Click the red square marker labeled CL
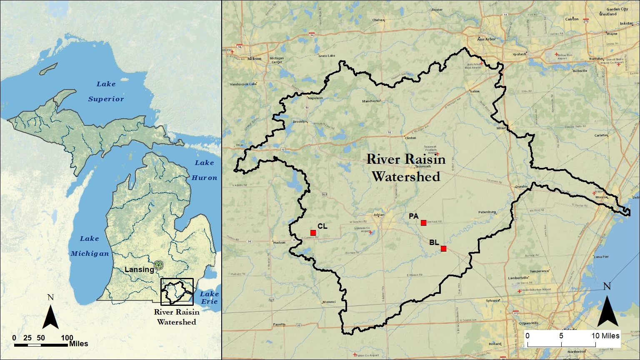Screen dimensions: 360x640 313,232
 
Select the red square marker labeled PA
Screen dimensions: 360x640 423,223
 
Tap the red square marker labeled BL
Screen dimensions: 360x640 443,249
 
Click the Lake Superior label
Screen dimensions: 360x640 106,91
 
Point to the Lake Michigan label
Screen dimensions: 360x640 90,246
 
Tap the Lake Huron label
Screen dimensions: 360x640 204,170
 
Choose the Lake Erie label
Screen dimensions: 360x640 209,297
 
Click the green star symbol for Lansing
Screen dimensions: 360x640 158,265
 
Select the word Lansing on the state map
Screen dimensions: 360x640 139,270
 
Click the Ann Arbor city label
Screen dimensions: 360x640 486,39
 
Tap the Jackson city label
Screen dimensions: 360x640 254,59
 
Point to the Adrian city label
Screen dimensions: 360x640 379,215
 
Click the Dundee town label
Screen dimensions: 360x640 521,186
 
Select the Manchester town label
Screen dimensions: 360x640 371,101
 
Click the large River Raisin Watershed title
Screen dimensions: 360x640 406,168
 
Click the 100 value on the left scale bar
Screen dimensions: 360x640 67,338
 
